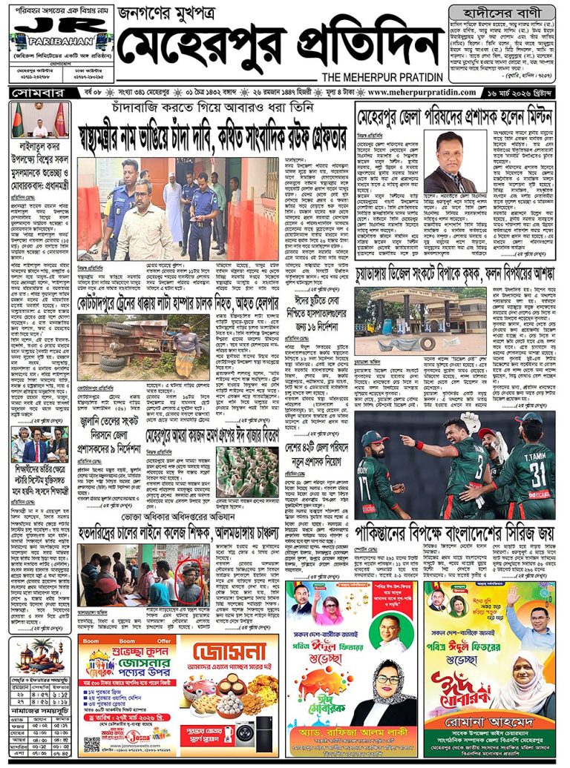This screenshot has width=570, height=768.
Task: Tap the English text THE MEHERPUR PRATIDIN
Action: tap(382, 77)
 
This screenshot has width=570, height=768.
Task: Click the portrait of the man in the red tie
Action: tap(450, 162)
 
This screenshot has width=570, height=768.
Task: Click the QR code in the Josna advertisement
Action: tap(91, 744)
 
